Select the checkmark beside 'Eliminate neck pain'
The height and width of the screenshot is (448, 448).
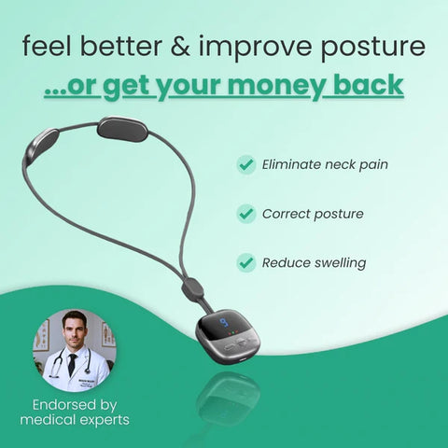click(246, 165)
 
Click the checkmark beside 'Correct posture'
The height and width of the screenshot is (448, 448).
click(246, 214)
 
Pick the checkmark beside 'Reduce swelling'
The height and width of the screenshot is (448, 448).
click(246, 263)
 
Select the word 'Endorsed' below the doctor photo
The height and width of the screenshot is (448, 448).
click(62, 405)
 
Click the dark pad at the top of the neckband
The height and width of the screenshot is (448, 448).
click(122, 129)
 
